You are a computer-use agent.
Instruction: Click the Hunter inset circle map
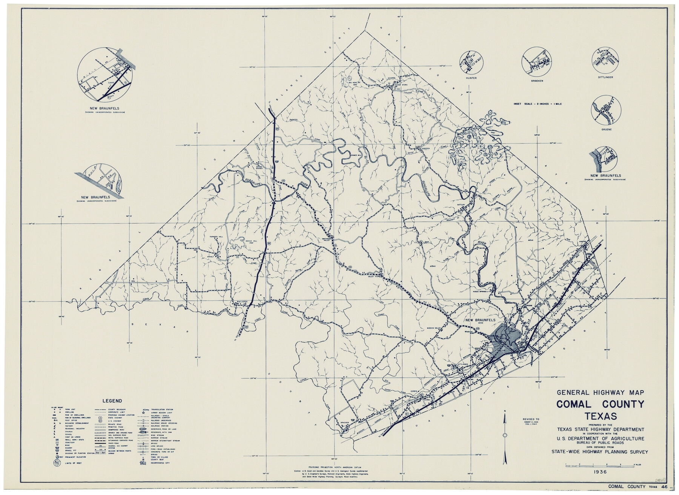point(472,61)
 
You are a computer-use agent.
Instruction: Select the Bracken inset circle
point(536,61)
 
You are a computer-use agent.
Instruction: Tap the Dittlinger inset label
point(605,77)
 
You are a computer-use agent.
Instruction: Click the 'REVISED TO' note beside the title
point(531,419)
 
